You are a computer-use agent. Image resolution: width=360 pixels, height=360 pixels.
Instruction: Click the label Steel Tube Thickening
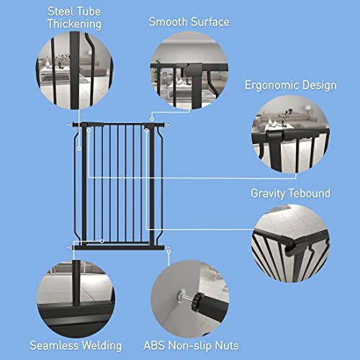[75, 17]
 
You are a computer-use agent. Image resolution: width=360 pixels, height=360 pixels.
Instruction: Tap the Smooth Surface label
[189, 22]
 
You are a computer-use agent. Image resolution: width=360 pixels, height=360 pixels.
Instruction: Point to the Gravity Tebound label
[290, 194]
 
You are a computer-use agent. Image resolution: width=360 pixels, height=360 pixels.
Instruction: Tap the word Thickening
[75, 24]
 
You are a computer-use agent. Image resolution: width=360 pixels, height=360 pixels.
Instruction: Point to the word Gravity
[267, 194]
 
